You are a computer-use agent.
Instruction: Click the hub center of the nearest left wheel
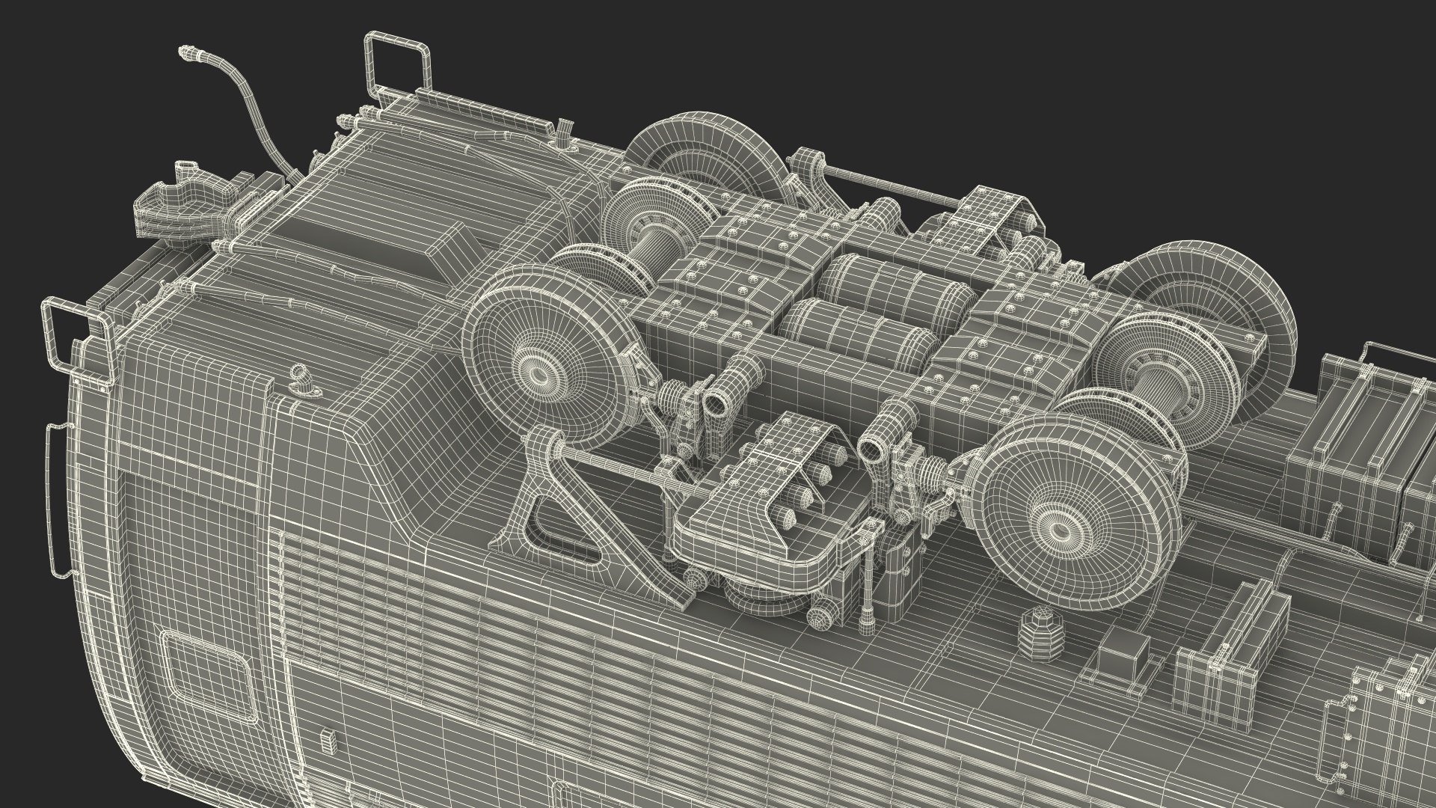click(x=536, y=370)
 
